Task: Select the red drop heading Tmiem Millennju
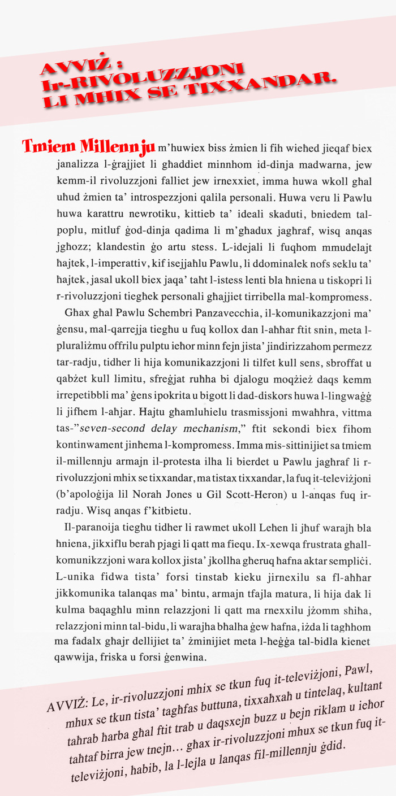[88, 147]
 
